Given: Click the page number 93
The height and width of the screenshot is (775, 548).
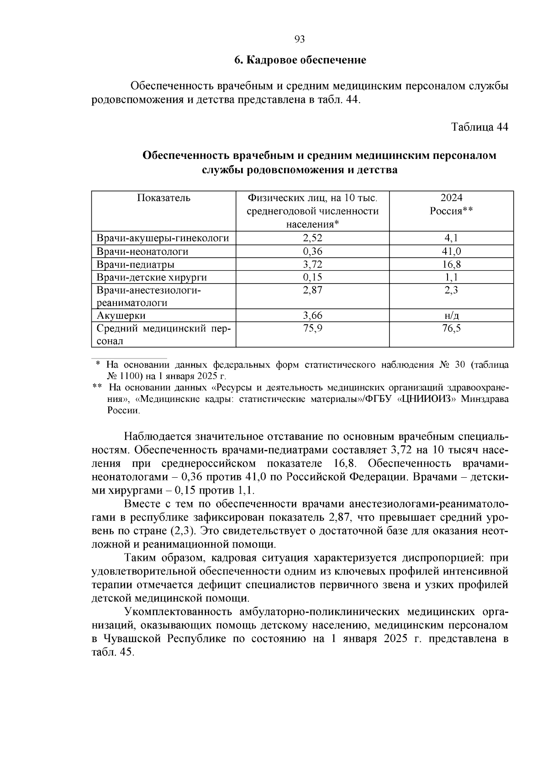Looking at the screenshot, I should pos(300,39).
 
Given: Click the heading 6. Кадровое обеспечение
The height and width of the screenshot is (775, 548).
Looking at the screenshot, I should pos(300,60).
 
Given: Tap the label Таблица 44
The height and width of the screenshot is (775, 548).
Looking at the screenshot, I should pos(479,127).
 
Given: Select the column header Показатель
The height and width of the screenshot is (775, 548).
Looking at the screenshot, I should pos(163,198).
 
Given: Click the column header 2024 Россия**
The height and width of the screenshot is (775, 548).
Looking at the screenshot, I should pos(451,205).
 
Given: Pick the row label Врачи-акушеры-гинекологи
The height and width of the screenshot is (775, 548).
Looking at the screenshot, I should pos(163,238).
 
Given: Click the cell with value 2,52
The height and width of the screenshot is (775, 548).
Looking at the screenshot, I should pos(312,237).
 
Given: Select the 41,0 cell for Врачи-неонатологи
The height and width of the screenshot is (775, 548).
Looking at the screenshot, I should pos(451,251).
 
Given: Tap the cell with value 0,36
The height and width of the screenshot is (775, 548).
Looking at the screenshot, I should pos(312,251).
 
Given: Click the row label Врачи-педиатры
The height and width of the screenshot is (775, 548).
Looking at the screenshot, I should pos(135,264).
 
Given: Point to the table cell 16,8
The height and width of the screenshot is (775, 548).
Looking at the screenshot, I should pos(451,264).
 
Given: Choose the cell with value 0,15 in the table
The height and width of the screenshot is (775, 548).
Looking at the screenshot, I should pos(312,277).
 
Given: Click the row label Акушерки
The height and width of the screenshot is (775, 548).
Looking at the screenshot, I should pos(121,316).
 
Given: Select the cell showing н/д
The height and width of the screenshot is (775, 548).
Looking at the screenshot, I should pos(451,316).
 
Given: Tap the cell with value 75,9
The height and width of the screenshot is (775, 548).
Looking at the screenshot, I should pos(312,328).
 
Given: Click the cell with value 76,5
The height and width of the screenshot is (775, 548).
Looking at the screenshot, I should pos(451,328).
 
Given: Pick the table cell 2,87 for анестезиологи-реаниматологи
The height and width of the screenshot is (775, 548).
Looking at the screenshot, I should pos(312,290).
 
